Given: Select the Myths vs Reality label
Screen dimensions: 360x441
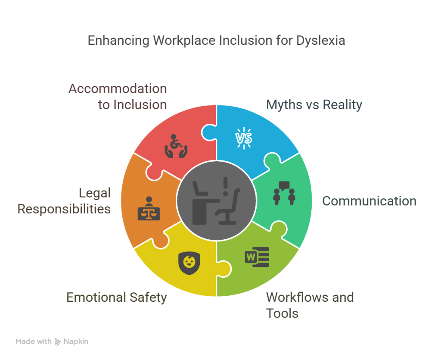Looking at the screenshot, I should (314, 105).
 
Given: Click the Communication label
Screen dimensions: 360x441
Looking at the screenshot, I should (369, 201).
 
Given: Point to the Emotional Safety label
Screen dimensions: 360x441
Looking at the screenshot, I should (116, 297).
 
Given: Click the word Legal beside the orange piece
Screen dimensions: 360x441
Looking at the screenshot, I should (94, 193).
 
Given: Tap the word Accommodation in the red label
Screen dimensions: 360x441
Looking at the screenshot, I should (118, 89).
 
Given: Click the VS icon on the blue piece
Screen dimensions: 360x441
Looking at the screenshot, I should (243, 138).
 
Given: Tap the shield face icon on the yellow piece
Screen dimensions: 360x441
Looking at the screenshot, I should (188, 261).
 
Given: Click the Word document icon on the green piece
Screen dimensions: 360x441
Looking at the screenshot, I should (257, 257).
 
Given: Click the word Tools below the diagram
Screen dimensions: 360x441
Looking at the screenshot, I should (283, 313).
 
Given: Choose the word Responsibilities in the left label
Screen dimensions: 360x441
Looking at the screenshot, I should (64, 209).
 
